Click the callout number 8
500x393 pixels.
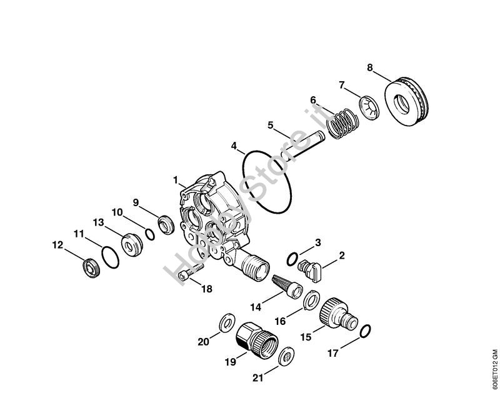pyautogui.click(x=369, y=67)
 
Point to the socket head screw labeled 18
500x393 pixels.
pyautogui.click(x=191, y=272)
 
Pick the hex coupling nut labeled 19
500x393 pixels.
pyautogui.click(x=257, y=339)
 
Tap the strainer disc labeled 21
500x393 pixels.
pyautogui.click(x=286, y=356)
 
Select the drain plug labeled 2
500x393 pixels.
pyautogui.click(x=310, y=270)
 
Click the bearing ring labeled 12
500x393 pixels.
pyautogui.click(x=91, y=268)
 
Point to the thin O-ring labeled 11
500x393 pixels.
pyautogui.click(x=104, y=257)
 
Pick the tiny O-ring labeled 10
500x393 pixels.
pyautogui.click(x=149, y=234)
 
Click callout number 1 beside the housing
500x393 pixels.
pyautogui.click(x=176, y=180)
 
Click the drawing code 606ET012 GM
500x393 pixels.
pyautogui.click(x=494, y=367)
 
